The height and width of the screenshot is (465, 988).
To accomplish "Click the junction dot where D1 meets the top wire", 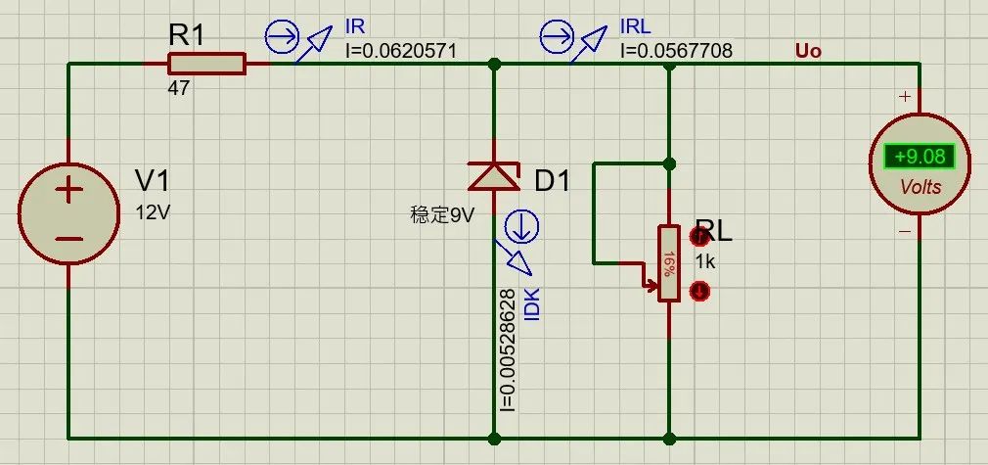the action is click(x=494, y=64).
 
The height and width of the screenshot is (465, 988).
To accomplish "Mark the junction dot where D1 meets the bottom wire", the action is click(x=494, y=438).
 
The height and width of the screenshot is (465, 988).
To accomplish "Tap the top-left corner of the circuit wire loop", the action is click(x=68, y=64).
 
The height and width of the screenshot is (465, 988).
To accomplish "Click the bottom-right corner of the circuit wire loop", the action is click(x=920, y=438).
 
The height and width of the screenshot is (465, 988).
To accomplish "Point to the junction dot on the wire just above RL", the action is click(x=670, y=164).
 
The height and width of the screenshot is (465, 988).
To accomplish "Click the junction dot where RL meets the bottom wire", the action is click(x=670, y=438).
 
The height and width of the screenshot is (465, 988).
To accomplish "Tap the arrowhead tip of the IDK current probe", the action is click(x=531, y=274).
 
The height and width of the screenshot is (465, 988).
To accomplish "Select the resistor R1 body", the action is click(x=206, y=64).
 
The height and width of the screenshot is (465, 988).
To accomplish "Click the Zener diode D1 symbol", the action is click(x=494, y=176).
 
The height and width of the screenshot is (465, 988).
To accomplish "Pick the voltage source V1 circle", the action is click(x=68, y=213).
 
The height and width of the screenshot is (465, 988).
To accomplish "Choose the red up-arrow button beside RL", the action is click(x=699, y=237).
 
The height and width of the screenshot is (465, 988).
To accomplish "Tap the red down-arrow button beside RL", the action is click(x=699, y=291).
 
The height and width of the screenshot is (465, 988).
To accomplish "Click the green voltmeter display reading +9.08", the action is click(x=920, y=157).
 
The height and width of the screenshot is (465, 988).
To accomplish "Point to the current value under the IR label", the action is click(x=401, y=50).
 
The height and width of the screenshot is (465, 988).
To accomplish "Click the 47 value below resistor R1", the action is click(x=178, y=88).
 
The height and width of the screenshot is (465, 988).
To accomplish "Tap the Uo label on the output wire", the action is click(x=808, y=51).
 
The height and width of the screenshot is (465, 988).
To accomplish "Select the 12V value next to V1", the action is click(x=154, y=212).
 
